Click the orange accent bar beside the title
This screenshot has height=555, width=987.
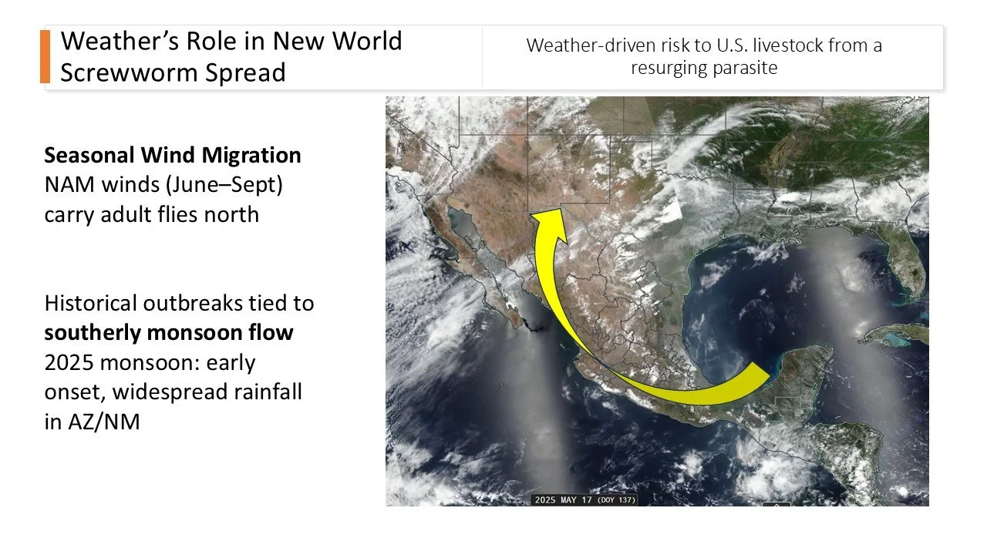point(45,56)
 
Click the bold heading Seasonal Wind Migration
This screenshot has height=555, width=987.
point(173,155)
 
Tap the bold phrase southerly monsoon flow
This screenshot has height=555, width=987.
point(169,333)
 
